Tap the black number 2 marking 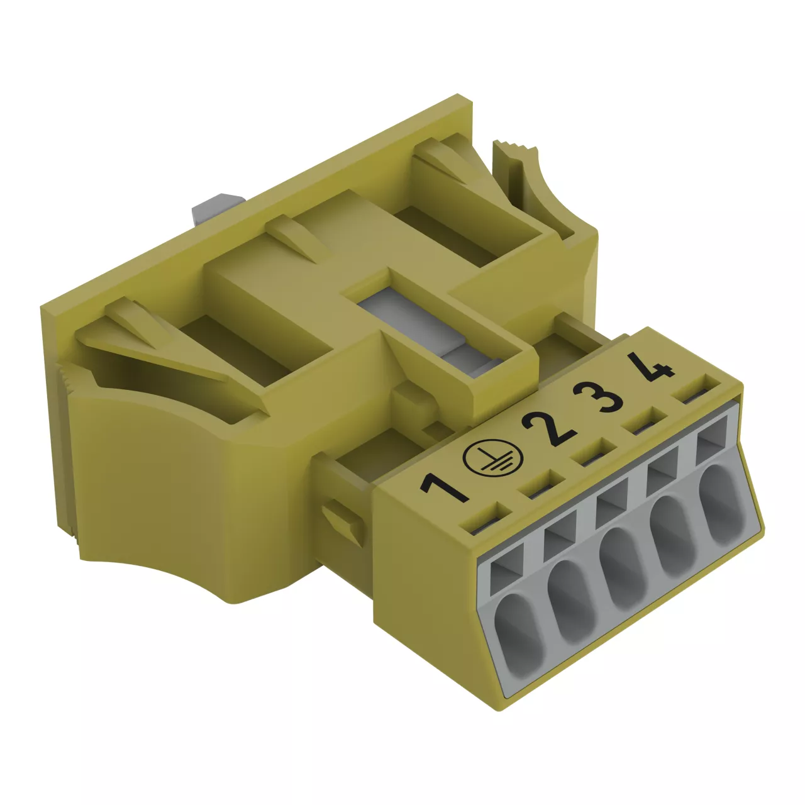pos(548,429)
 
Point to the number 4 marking pos(651,367)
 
